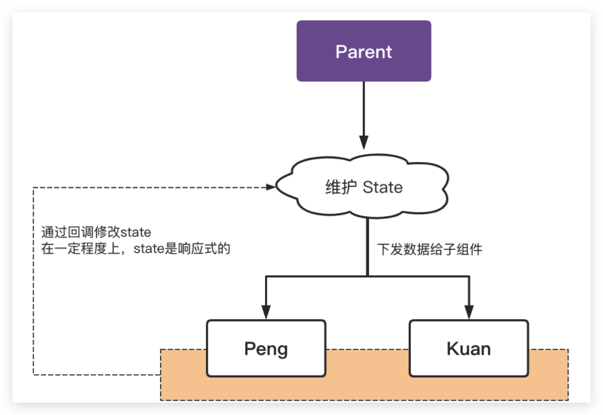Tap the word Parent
(x=363, y=51)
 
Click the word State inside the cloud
(x=382, y=187)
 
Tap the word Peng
(x=266, y=349)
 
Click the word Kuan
(x=469, y=349)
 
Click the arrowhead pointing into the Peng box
(x=266, y=312)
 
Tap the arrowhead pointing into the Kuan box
(x=469, y=312)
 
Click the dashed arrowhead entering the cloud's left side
(x=270, y=186)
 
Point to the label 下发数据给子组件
(x=430, y=250)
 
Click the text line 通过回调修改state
(x=96, y=233)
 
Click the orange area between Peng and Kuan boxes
(x=367, y=374)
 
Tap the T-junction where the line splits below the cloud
(x=367, y=275)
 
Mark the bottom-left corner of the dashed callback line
(x=33, y=374)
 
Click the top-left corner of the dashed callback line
(x=33, y=186)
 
